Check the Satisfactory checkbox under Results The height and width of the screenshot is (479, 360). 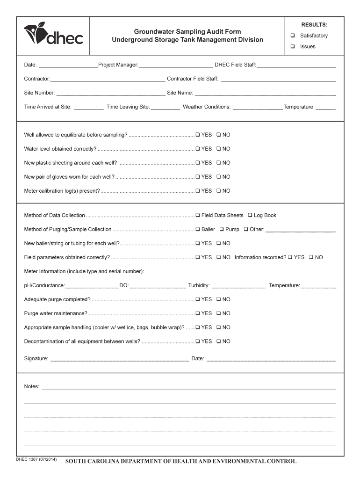point(292,36)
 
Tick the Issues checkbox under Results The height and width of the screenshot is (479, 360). point(292,46)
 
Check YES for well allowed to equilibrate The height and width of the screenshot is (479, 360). point(198,135)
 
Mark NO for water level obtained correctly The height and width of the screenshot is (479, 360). point(219,149)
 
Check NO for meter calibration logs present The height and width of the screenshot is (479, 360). point(219,191)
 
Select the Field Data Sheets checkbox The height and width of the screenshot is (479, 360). point(198,215)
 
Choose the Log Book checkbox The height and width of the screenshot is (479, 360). point(250,215)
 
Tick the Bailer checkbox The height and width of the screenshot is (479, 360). point(198,229)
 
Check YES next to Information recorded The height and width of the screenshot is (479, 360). point(291,257)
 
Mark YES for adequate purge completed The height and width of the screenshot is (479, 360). point(198,299)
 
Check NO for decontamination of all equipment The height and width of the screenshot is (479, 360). point(219,341)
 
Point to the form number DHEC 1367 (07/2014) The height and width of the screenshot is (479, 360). point(36,460)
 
